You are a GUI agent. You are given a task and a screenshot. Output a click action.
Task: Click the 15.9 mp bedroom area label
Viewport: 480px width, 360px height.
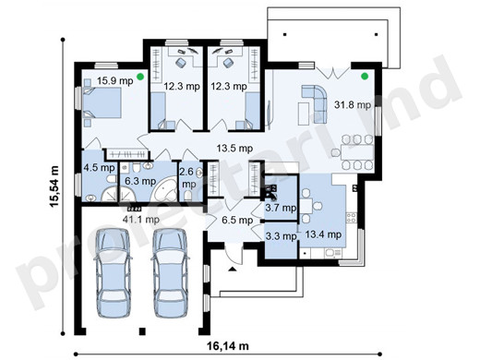coord(115,81)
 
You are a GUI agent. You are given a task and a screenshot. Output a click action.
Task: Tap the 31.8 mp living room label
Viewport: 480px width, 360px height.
coord(353,105)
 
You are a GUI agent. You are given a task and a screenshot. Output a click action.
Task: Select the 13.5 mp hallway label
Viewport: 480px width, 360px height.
coord(234,149)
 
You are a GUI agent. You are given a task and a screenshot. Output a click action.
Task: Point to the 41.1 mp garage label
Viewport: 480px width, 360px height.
coord(141,220)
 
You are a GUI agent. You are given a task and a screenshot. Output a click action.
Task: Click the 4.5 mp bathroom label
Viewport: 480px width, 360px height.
coord(99,168)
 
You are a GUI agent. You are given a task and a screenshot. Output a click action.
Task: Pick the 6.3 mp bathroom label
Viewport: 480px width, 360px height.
coord(140,181)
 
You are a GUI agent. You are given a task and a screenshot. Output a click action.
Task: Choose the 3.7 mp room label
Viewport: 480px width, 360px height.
coord(281,208)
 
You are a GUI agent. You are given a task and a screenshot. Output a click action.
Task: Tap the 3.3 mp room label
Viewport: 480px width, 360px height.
coord(281,236)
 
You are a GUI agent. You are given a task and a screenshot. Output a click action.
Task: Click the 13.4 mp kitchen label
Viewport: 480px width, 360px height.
coord(323,234)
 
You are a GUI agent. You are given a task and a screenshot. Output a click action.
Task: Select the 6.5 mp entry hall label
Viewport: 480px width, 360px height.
coord(237,220)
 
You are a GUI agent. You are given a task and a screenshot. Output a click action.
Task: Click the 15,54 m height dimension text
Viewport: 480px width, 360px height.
coord(54,186)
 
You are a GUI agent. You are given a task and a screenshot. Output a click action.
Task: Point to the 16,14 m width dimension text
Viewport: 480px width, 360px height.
coord(228,346)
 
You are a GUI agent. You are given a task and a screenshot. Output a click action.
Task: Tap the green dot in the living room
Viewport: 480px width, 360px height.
coord(365,76)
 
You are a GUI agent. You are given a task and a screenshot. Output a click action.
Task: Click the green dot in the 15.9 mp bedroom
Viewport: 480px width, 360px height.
coord(140,77)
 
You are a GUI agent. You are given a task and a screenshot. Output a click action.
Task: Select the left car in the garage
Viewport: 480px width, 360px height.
coord(114,273)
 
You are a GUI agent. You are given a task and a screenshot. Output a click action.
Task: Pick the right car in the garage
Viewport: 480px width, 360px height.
coord(170,273)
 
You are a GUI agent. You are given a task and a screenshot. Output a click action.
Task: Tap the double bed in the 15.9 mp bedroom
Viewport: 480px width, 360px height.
coord(102,102)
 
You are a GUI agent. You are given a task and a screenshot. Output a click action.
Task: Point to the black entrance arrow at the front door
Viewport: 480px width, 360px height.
coord(232,270)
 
